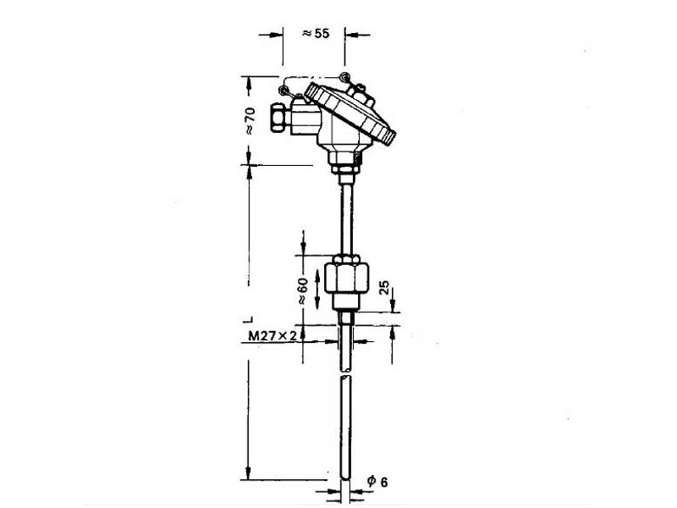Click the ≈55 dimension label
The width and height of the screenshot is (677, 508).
[316, 33]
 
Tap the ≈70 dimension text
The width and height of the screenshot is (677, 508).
[250, 121]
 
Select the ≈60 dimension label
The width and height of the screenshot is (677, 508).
[303, 291]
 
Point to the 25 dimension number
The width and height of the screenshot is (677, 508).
[384, 288]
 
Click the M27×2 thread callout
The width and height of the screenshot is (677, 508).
[272, 335]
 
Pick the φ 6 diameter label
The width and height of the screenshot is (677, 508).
[377, 481]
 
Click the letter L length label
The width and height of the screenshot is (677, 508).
[248, 320]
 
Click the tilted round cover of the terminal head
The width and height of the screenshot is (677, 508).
[350, 113]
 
